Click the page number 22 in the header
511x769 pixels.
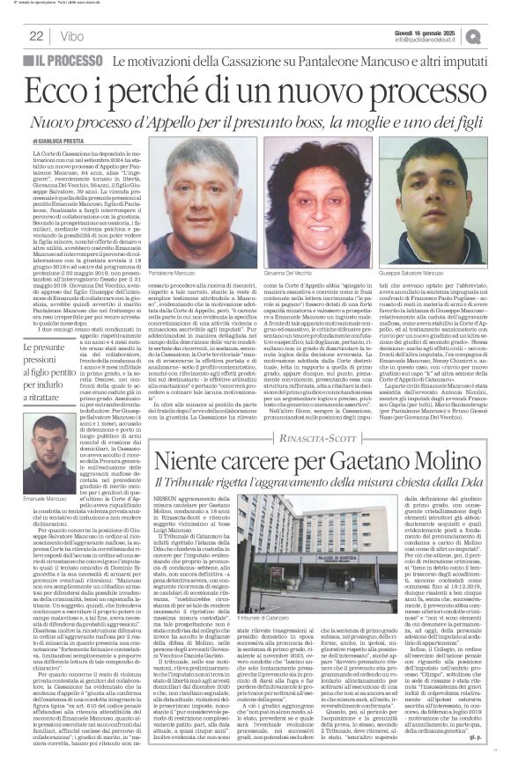[x=36, y=36]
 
